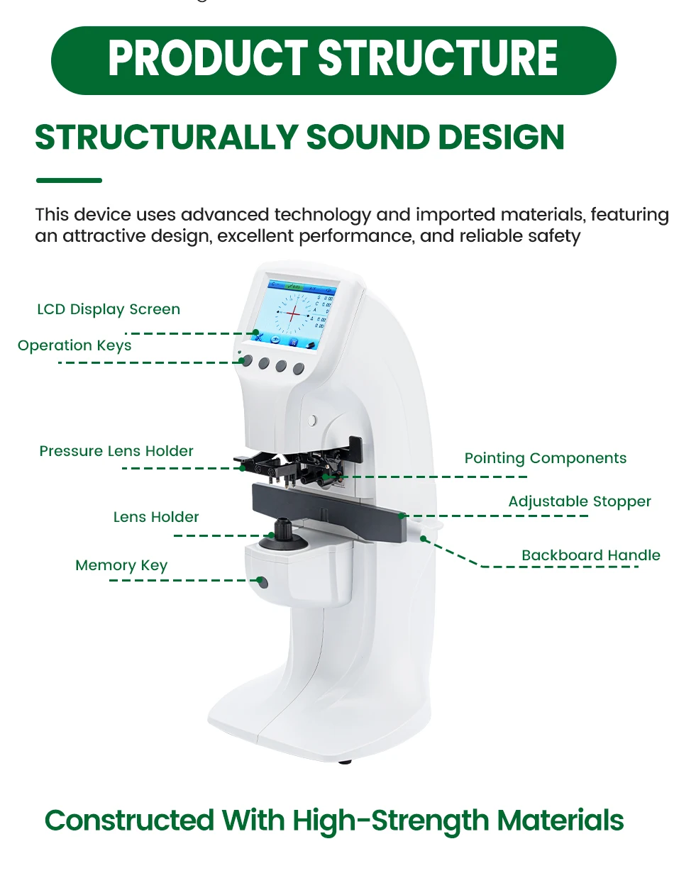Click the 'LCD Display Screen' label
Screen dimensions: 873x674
coord(109,310)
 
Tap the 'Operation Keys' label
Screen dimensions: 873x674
coord(74,346)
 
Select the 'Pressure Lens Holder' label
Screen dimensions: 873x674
coord(116,452)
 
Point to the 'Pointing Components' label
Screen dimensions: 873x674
coord(546,459)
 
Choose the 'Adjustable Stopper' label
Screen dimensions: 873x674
coord(580,502)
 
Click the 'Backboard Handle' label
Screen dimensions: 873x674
coord(591,556)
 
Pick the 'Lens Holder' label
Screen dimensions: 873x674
coord(156,518)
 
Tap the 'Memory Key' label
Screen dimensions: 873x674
coord(121,566)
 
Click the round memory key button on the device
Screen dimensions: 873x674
coord(263,583)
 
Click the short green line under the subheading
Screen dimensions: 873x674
coord(69,181)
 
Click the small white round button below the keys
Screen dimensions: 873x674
coord(311,421)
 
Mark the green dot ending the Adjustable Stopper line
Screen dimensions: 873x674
coord(403,516)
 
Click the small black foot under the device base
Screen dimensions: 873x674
coord(346,762)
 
